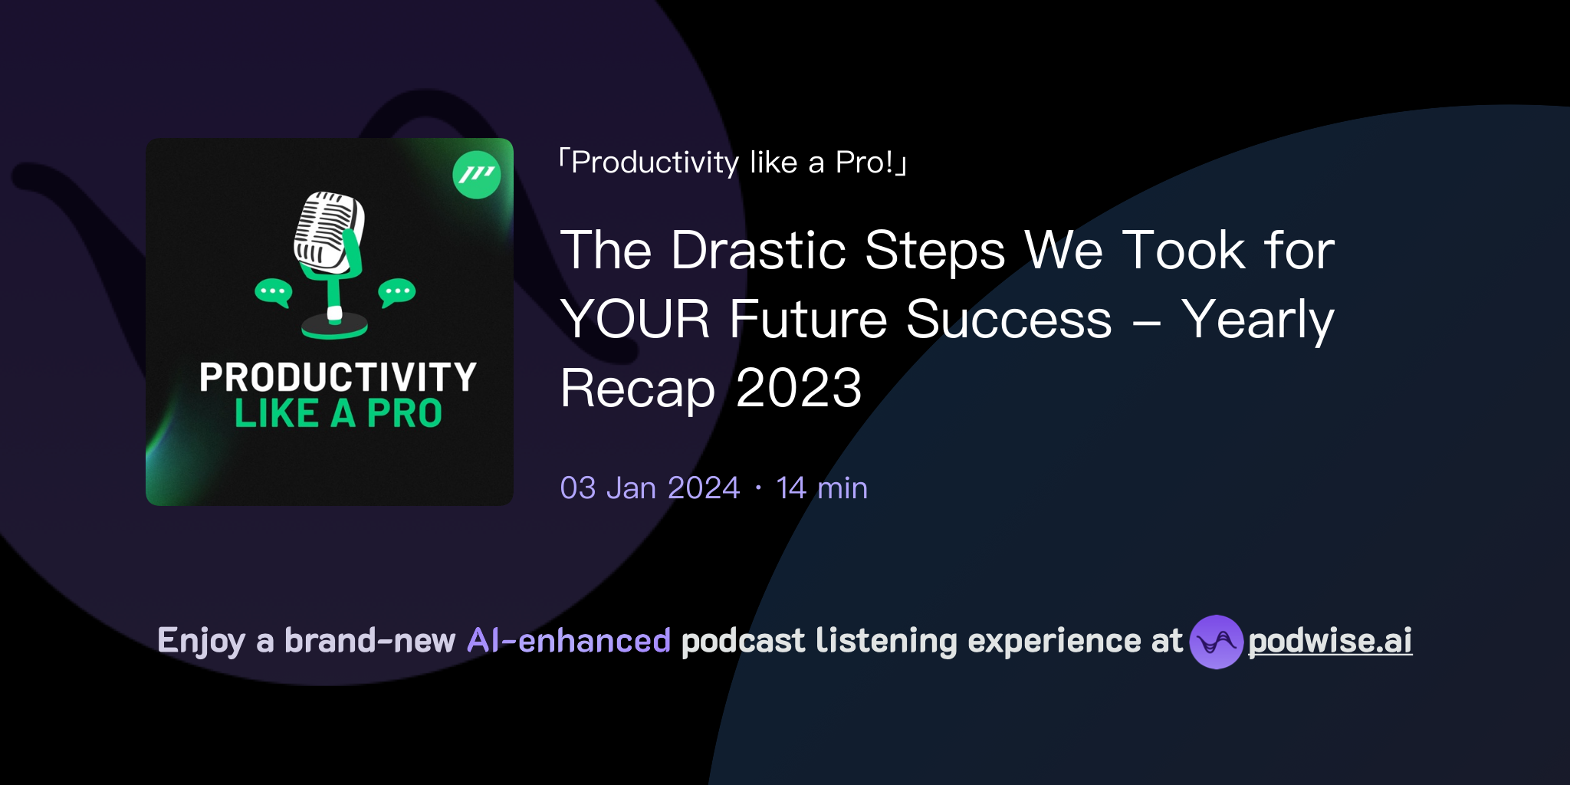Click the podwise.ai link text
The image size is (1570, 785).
coord(1329,641)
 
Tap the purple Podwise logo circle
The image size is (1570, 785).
coord(1216,642)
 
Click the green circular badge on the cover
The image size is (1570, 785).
coord(477,175)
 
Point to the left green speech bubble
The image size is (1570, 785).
coord(273,292)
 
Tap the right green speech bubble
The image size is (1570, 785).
coord(397,292)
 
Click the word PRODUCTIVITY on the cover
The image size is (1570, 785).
coord(337,377)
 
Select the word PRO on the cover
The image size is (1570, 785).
coord(404,414)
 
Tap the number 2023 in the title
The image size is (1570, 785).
coord(799,389)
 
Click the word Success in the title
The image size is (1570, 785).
coord(1008,320)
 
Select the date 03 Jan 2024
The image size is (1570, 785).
coord(649,488)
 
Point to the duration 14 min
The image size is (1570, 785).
coord(822,488)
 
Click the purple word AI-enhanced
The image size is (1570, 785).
coord(569,641)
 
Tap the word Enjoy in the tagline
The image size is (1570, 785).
coord(201,642)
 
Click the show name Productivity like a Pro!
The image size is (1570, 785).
coord(732,163)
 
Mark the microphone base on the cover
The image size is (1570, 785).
coord(334,327)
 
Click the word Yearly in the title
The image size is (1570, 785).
coord(1257,320)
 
